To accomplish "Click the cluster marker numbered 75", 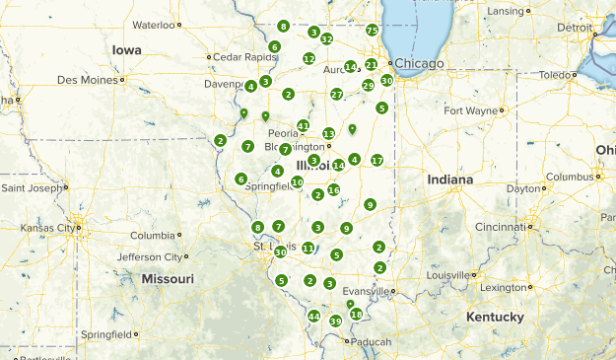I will [x=372, y=31].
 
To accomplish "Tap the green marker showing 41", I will [x=304, y=126].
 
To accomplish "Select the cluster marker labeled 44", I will [x=313, y=317].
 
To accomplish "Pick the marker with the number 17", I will [x=376, y=160].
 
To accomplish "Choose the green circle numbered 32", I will [x=326, y=39].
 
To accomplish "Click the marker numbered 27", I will [x=336, y=95].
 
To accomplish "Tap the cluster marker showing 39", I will [x=335, y=322].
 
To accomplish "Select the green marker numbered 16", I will [x=334, y=190].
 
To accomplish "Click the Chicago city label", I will [x=421, y=63].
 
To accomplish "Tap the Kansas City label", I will [x=47, y=228].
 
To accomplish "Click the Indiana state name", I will [x=450, y=180].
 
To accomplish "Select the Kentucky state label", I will [x=496, y=317].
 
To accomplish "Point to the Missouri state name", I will [x=167, y=278].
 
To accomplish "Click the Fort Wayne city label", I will [x=470, y=110].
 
